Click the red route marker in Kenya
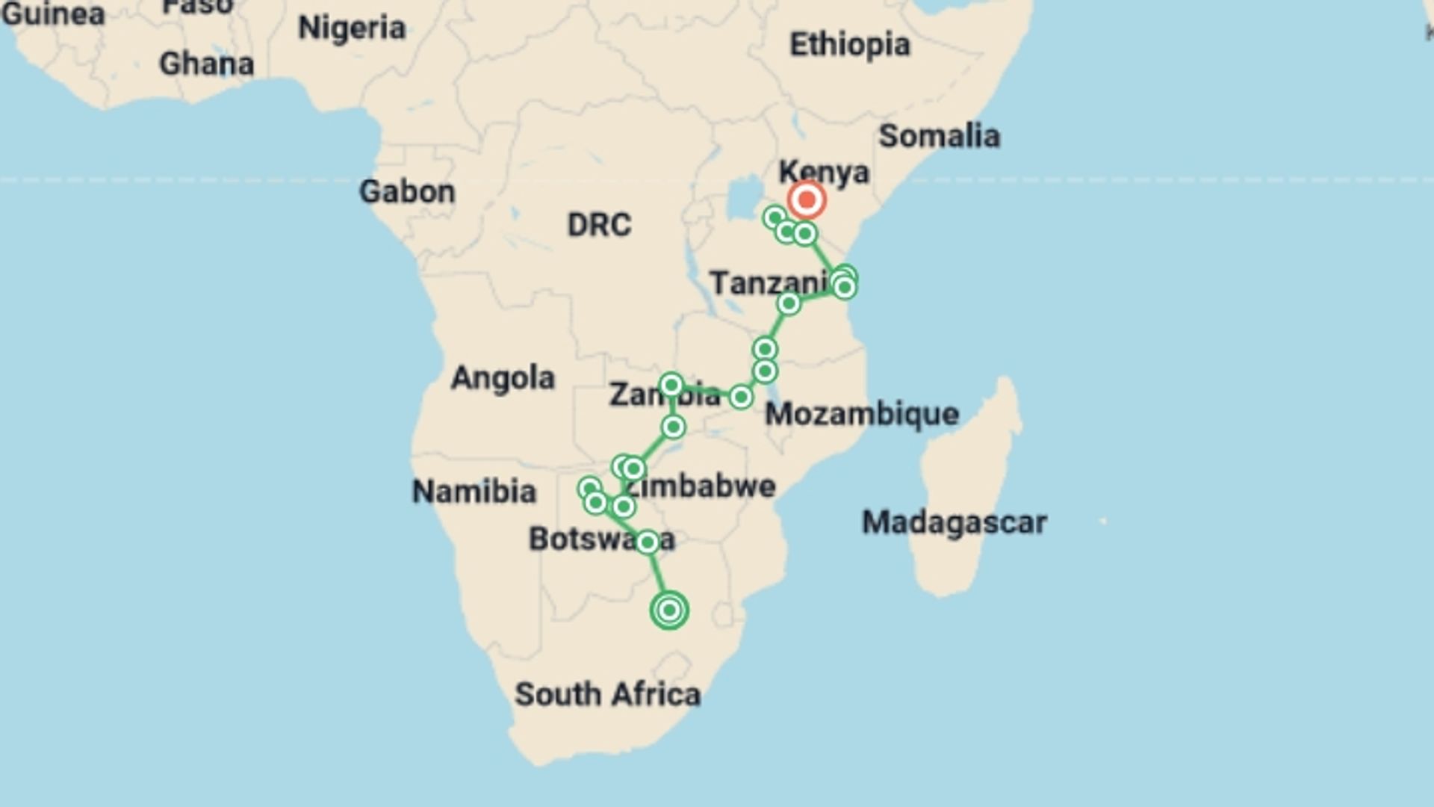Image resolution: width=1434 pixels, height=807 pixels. click(807, 200)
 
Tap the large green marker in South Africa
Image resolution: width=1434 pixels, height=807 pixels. click(669, 610)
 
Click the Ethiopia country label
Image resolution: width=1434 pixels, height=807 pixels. click(850, 45)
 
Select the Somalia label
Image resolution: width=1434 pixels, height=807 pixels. click(939, 136)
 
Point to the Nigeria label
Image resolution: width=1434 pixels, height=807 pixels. click(352, 28)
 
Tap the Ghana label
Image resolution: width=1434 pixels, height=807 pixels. click(207, 64)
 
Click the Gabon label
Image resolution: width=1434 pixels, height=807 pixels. click(407, 192)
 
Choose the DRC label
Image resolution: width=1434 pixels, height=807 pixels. click(599, 225)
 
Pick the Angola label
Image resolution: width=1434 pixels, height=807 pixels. click(503, 378)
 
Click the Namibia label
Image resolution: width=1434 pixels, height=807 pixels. click(474, 492)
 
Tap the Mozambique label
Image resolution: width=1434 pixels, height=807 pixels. click(862, 414)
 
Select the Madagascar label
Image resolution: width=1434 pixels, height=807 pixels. click(955, 522)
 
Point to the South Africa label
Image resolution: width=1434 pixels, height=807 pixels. click(607, 695)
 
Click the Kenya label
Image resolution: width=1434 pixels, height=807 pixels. click(824, 172)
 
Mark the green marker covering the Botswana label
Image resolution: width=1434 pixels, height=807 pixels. click(648, 542)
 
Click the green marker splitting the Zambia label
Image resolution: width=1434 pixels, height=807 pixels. click(671, 386)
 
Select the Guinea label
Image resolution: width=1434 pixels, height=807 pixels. click(52, 13)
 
